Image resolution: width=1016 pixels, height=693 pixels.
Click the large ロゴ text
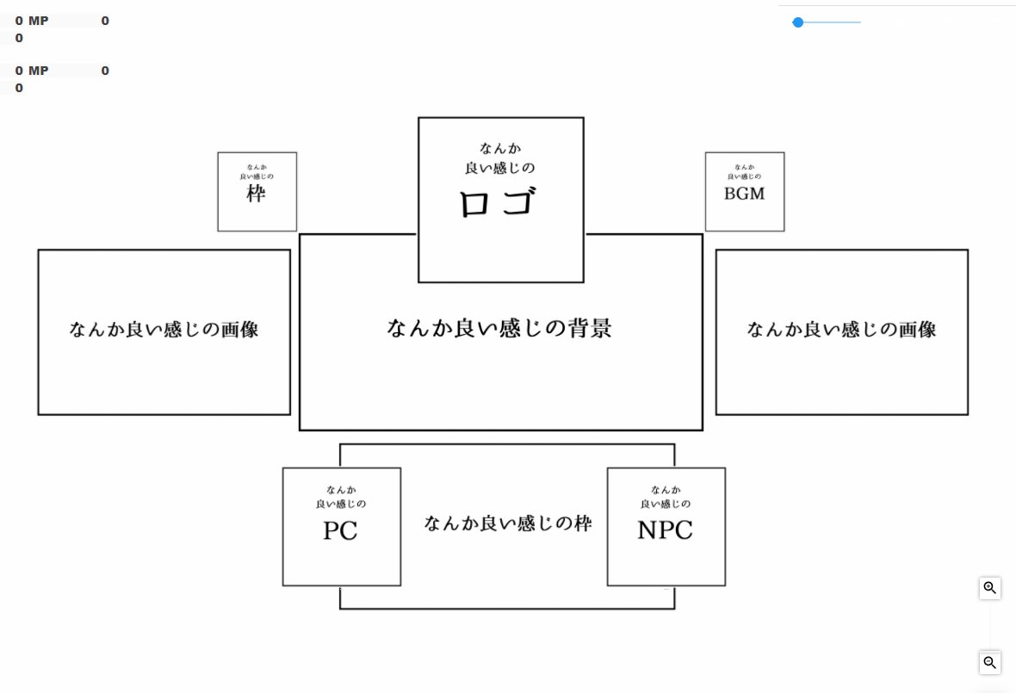tap(499, 204)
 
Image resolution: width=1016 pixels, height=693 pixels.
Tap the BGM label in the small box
tap(744, 194)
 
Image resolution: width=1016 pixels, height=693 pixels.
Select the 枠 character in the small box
tap(256, 194)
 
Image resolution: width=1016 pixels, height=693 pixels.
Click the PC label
tap(340, 531)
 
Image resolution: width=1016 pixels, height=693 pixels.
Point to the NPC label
tap(665, 530)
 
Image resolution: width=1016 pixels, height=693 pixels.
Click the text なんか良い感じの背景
tap(499, 328)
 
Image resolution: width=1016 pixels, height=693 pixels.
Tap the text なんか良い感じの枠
tap(508, 523)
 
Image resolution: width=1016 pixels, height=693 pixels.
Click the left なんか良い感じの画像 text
tap(164, 329)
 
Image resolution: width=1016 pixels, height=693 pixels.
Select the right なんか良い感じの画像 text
tap(841, 329)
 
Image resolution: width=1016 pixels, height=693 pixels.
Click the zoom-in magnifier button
tap(990, 588)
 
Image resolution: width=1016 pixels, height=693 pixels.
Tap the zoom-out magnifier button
tap(990, 662)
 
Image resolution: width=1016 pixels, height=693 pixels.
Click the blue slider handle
tap(798, 22)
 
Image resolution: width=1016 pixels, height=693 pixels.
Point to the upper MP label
tap(39, 21)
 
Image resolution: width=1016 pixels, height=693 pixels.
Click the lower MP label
tap(39, 71)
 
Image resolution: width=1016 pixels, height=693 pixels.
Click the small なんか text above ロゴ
tap(500, 148)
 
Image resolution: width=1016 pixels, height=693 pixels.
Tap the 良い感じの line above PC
tap(341, 504)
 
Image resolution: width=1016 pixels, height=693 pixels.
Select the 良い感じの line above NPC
tap(666, 504)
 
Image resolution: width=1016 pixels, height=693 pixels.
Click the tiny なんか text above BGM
tap(744, 167)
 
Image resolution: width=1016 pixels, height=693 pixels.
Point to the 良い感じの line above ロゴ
tap(500, 168)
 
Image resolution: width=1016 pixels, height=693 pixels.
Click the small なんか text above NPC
tap(666, 490)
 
